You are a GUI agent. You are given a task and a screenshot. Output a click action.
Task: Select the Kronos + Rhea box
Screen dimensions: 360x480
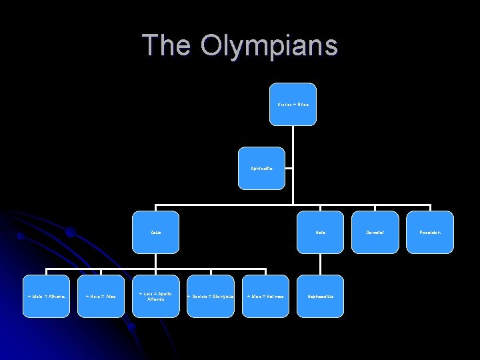293,104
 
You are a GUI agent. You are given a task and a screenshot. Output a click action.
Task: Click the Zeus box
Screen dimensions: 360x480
155,233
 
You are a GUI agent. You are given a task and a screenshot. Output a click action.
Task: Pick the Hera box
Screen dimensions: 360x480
321,233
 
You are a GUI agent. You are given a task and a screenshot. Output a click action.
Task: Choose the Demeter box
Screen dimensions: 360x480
375,233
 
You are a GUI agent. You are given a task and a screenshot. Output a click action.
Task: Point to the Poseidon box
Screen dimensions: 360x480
430,233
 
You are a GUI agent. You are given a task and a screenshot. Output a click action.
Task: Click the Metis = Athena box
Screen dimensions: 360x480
46,296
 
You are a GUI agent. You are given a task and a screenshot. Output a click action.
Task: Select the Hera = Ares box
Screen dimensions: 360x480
101,296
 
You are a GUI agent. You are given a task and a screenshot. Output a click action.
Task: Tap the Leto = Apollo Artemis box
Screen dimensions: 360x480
155,296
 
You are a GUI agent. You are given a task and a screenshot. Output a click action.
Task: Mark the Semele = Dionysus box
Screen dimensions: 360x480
210,296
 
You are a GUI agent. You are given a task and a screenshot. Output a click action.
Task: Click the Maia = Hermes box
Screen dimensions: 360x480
265,296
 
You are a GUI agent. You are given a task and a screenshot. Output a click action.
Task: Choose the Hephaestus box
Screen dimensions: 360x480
321,296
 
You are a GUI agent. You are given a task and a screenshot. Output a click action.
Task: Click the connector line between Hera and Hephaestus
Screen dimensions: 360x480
321,264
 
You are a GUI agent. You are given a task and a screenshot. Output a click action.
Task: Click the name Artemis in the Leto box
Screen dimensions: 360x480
155,299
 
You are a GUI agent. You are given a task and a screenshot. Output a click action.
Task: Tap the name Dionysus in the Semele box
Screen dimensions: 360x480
221,296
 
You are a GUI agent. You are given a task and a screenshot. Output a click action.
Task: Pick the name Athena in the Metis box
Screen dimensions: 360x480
55,296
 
